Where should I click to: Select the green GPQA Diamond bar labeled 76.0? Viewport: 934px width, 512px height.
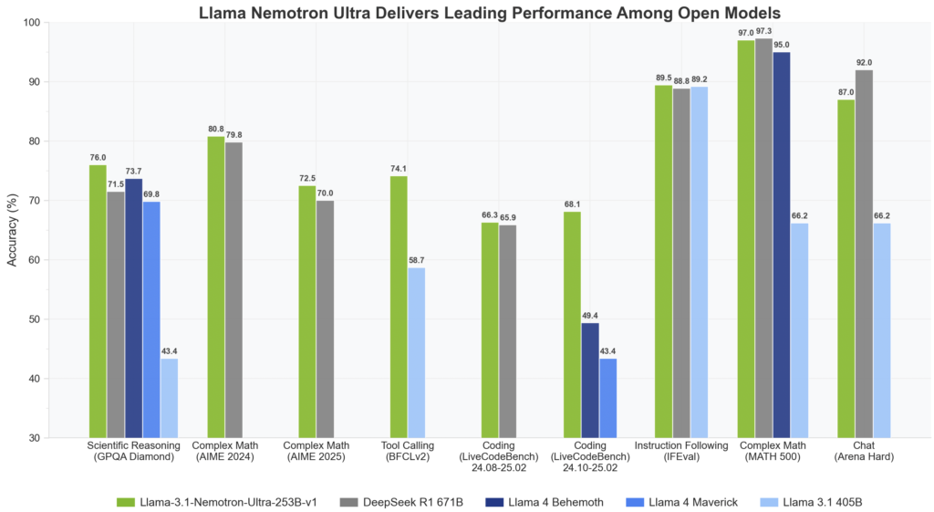point(98,301)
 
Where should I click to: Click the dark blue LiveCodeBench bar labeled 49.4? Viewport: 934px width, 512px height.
point(590,380)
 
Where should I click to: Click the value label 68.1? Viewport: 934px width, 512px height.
point(572,204)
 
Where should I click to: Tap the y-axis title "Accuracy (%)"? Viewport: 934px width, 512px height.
point(12,230)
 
